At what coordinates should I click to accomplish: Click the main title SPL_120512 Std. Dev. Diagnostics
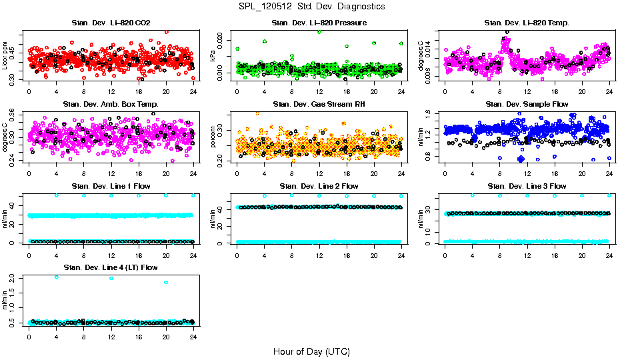click(x=311, y=7)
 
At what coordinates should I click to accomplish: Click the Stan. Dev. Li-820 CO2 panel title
click(x=111, y=23)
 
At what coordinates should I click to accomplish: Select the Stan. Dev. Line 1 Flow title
click(x=111, y=185)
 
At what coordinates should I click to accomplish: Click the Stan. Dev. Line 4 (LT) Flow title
click(x=111, y=267)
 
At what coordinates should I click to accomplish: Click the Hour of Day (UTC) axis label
click(x=311, y=351)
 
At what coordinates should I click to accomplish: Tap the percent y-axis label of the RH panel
click(x=213, y=137)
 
